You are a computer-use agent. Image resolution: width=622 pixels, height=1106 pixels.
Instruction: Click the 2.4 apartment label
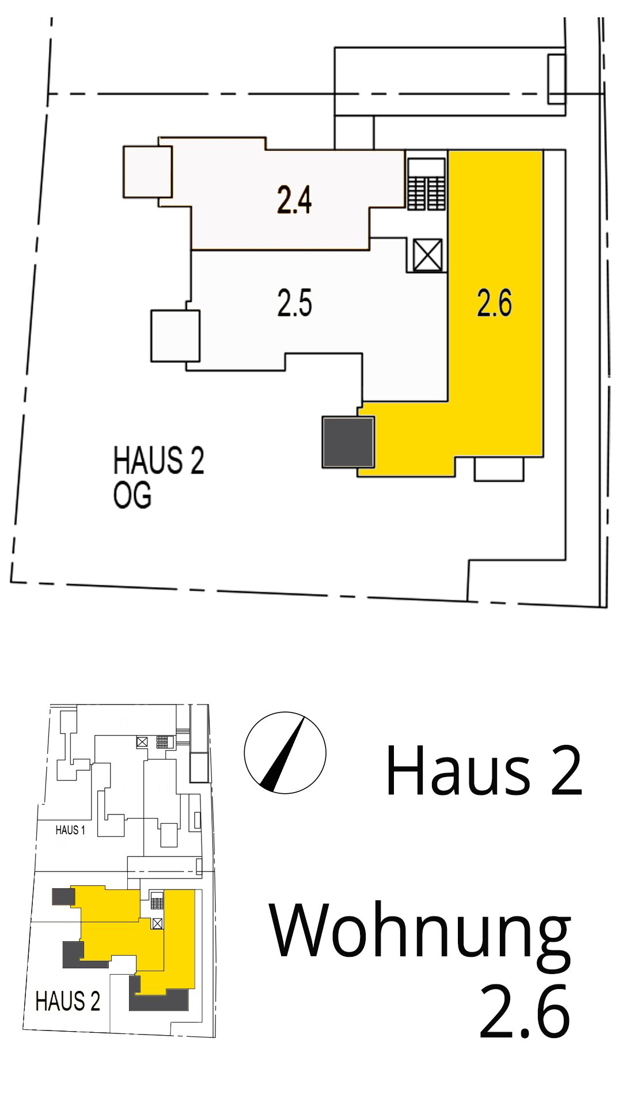point(294,200)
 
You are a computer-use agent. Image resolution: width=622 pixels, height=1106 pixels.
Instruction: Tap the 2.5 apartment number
point(294,303)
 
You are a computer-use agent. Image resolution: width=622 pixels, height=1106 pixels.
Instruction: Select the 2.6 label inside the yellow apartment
point(494,303)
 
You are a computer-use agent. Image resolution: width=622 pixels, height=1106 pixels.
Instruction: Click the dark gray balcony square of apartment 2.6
point(348,442)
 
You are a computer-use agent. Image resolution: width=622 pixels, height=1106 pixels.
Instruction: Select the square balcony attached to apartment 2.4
point(147,172)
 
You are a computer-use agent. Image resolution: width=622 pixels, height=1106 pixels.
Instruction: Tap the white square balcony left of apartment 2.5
point(176,336)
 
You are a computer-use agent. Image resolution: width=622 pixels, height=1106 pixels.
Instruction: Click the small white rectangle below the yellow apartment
point(499,469)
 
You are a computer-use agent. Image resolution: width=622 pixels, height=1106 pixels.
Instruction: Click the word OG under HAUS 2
point(132,495)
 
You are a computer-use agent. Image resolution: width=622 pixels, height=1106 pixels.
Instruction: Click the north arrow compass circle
point(285,753)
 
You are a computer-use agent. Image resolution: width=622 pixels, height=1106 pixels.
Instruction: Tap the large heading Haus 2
point(484,770)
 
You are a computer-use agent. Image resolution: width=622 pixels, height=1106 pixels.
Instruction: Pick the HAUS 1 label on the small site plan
point(70,830)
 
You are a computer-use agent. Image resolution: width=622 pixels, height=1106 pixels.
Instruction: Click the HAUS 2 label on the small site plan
point(68,1001)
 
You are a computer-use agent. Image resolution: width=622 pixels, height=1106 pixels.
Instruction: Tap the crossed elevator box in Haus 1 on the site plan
point(142,743)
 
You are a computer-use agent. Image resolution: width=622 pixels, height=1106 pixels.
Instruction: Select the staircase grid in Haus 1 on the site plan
point(165,742)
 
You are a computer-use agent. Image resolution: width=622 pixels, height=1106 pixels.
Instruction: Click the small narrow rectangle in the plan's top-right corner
point(556,79)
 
